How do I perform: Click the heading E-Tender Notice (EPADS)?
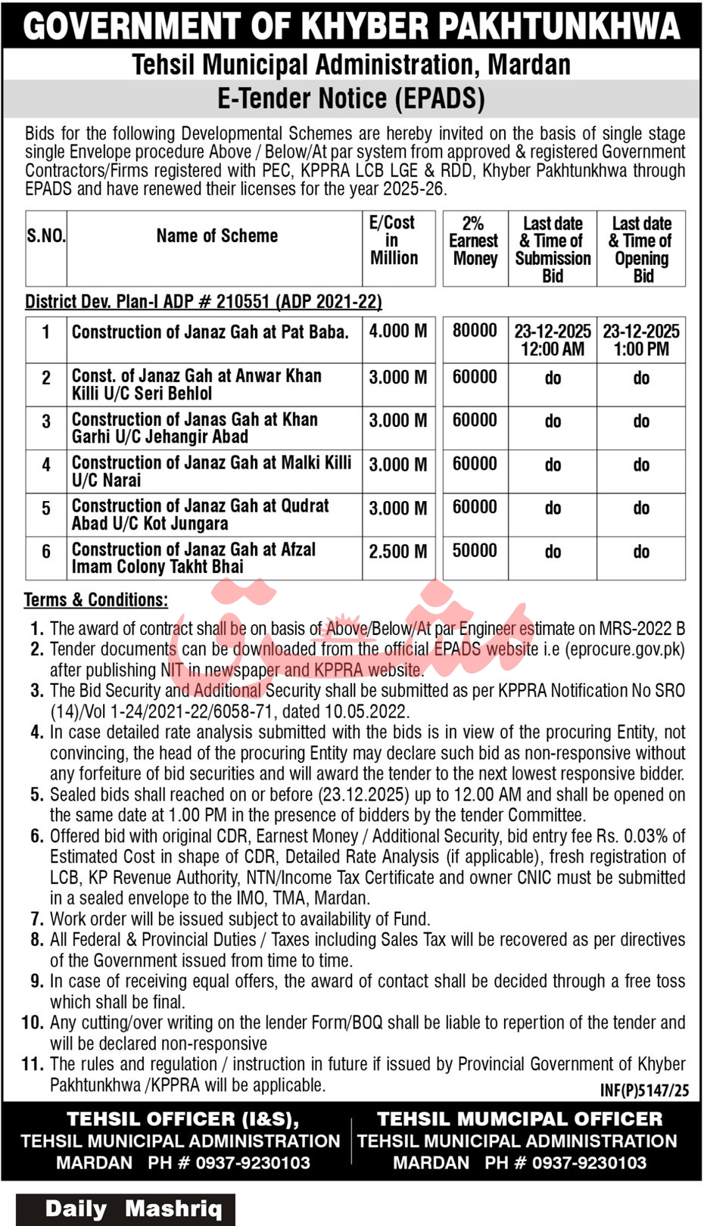coord(351,98)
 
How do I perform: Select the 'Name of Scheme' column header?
coord(216,236)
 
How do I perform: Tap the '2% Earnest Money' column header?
coord(474,241)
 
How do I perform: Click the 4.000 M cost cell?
coord(398,331)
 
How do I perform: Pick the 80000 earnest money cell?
coord(475,331)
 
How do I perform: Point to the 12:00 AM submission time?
coord(553,349)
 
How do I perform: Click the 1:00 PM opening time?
coord(641,349)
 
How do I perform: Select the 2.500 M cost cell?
coord(398,552)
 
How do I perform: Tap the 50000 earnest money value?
coord(475,551)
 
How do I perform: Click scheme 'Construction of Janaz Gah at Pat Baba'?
coord(210,331)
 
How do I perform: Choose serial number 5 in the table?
coord(46,509)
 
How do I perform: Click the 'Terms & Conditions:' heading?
coord(96,600)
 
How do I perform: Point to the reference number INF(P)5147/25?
coord(644,1090)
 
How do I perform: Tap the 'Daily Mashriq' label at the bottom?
coord(133,1209)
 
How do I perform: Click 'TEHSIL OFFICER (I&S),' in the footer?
coord(182,1119)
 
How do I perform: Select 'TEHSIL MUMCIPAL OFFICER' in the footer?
coord(519,1119)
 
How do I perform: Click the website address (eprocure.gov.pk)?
coord(625,649)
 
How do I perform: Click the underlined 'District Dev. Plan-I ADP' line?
coord(204,302)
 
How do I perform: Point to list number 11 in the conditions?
coord(33,1064)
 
